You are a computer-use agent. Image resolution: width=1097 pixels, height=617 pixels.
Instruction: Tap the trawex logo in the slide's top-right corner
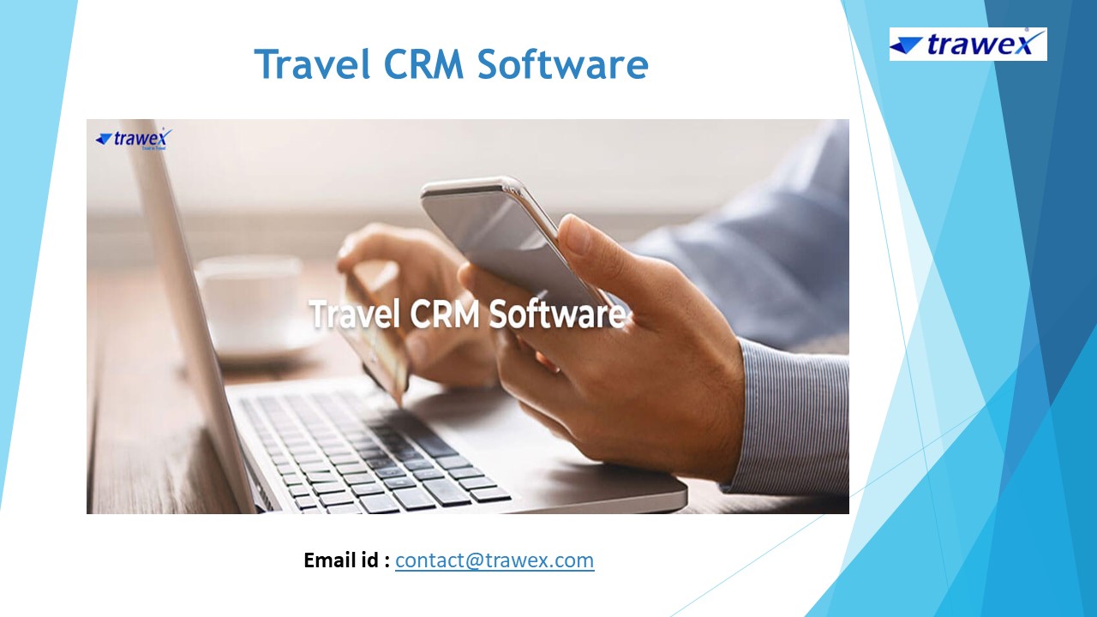tap(968, 45)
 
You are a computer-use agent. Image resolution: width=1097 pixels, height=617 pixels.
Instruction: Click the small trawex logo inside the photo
tap(134, 138)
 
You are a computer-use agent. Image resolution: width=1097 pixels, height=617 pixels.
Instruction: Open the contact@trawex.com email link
tap(495, 560)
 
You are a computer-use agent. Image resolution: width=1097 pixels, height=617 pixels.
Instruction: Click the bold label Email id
tap(346, 560)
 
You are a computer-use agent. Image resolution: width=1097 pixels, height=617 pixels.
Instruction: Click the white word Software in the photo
tap(557, 314)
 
